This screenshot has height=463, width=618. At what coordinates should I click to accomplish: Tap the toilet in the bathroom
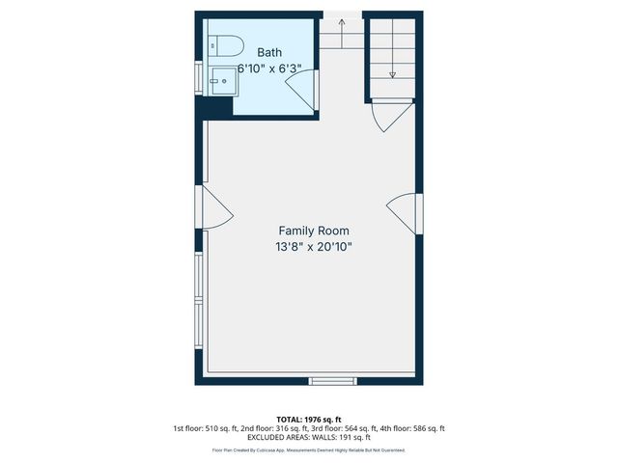[226, 44]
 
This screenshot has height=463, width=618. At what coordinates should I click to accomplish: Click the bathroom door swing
[300, 94]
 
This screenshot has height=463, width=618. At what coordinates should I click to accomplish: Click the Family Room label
[314, 231]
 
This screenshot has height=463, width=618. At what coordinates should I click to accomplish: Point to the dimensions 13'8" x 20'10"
[314, 247]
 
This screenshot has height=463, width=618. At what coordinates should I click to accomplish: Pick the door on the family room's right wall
[404, 211]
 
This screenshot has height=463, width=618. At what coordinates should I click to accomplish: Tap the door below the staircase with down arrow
[389, 119]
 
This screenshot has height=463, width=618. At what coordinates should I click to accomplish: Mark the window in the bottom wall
[333, 381]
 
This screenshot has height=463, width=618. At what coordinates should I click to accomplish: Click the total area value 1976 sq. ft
[323, 418]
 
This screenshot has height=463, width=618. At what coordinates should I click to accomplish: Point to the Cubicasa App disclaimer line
[309, 450]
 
